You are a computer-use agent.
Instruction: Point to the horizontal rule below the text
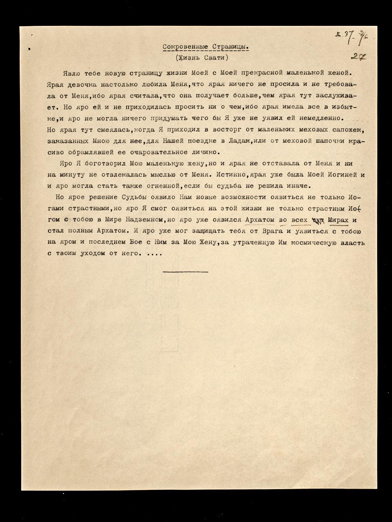185,271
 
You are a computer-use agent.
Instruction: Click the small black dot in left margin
29,49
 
